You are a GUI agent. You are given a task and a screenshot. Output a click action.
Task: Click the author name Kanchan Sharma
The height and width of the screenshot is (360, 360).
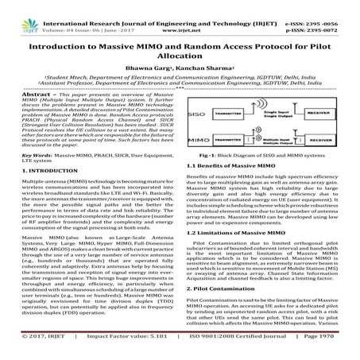tap(199, 60)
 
